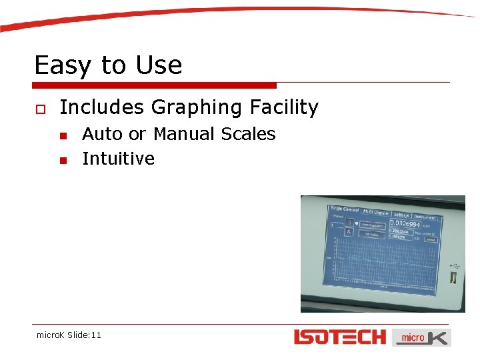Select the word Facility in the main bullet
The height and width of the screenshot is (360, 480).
pos(284,107)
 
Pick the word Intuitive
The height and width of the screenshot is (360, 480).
pos(118,159)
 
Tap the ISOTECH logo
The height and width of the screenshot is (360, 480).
pos(340,337)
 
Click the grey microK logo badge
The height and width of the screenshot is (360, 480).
pos(421,337)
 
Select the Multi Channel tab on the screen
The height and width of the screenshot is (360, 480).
pos(375,213)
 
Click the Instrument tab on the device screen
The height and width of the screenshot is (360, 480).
pos(424,217)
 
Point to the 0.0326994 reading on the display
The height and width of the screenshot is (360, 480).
pos(405,225)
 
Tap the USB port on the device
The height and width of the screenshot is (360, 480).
pos(454,276)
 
